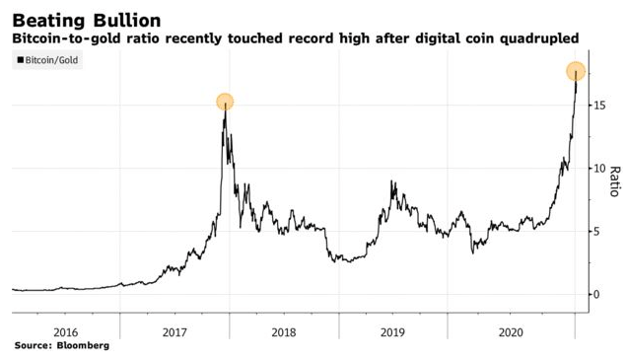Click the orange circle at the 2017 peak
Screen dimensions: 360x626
(x=225, y=102)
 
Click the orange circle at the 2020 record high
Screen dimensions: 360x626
(x=576, y=71)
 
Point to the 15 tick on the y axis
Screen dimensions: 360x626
(x=599, y=106)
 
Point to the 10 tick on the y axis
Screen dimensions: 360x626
(x=599, y=169)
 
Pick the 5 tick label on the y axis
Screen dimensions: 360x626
(x=596, y=232)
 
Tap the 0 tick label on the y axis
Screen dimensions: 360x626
(x=596, y=295)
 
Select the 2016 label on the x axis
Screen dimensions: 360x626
(x=65, y=332)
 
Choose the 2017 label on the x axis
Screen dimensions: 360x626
(x=174, y=332)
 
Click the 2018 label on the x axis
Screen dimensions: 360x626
(x=284, y=332)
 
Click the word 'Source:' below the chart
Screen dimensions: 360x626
(x=33, y=347)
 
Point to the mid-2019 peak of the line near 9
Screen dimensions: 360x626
(x=393, y=182)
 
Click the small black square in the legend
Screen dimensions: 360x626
(x=21, y=61)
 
